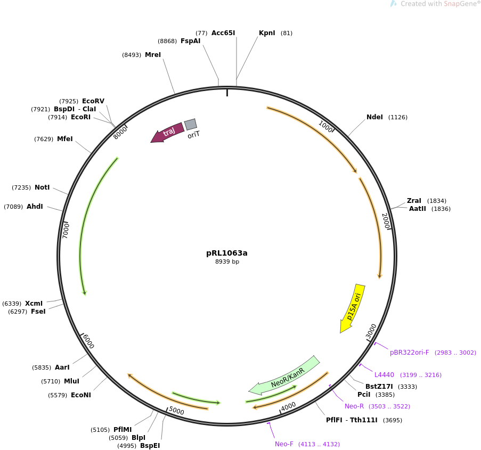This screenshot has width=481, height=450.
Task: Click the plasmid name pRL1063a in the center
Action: point(227,253)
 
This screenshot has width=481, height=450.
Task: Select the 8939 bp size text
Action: point(227,262)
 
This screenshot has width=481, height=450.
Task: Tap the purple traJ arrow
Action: point(168,133)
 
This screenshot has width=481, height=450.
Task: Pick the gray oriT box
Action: point(191,125)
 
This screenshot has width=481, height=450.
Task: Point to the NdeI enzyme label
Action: point(374,117)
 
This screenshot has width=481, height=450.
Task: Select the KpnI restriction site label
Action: point(267,33)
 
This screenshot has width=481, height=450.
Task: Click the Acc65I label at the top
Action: point(223,33)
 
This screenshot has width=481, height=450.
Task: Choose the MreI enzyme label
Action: point(153,55)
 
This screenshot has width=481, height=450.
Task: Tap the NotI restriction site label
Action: point(42,187)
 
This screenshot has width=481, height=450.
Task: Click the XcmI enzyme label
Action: point(34,304)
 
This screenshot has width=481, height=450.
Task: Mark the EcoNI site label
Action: point(81,395)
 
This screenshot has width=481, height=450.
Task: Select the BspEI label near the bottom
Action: point(150,446)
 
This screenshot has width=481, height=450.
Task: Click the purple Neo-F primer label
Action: point(284,444)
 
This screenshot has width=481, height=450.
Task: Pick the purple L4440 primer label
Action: point(384,375)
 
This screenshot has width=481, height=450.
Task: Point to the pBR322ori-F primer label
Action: point(409,353)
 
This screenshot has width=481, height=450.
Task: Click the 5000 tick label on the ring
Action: point(176,411)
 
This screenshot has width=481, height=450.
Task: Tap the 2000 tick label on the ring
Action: point(386,220)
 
